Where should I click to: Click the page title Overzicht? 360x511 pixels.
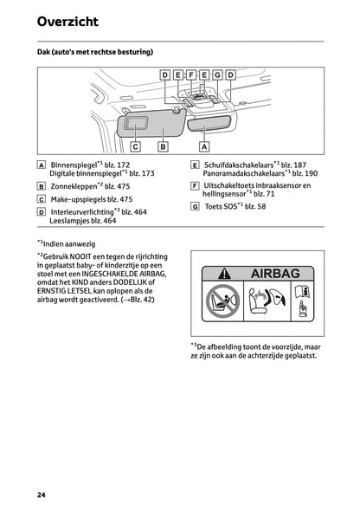[x=67, y=21]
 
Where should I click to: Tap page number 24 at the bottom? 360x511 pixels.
[x=42, y=495]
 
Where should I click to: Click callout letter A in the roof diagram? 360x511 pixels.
[x=204, y=147]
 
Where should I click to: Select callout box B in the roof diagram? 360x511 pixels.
[x=163, y=147]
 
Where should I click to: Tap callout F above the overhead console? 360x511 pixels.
[x=191, y=75]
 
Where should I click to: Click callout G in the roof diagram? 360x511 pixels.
[x=217, y=75]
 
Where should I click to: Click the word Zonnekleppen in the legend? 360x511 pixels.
[x=73, y=185]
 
